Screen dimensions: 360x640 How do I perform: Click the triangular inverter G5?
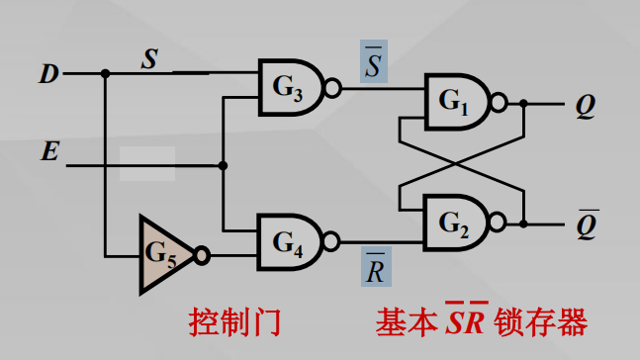point(164,253)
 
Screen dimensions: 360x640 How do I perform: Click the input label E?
point(46,151)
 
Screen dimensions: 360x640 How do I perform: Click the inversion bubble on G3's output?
point(333,89)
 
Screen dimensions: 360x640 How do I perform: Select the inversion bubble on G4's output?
point(333,241)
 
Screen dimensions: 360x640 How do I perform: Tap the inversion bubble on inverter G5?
point(202,254)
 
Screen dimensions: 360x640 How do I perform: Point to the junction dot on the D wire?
point(104,73)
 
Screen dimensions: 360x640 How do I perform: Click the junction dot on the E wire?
point(224,165)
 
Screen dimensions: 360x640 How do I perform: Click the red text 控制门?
point(234,322)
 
